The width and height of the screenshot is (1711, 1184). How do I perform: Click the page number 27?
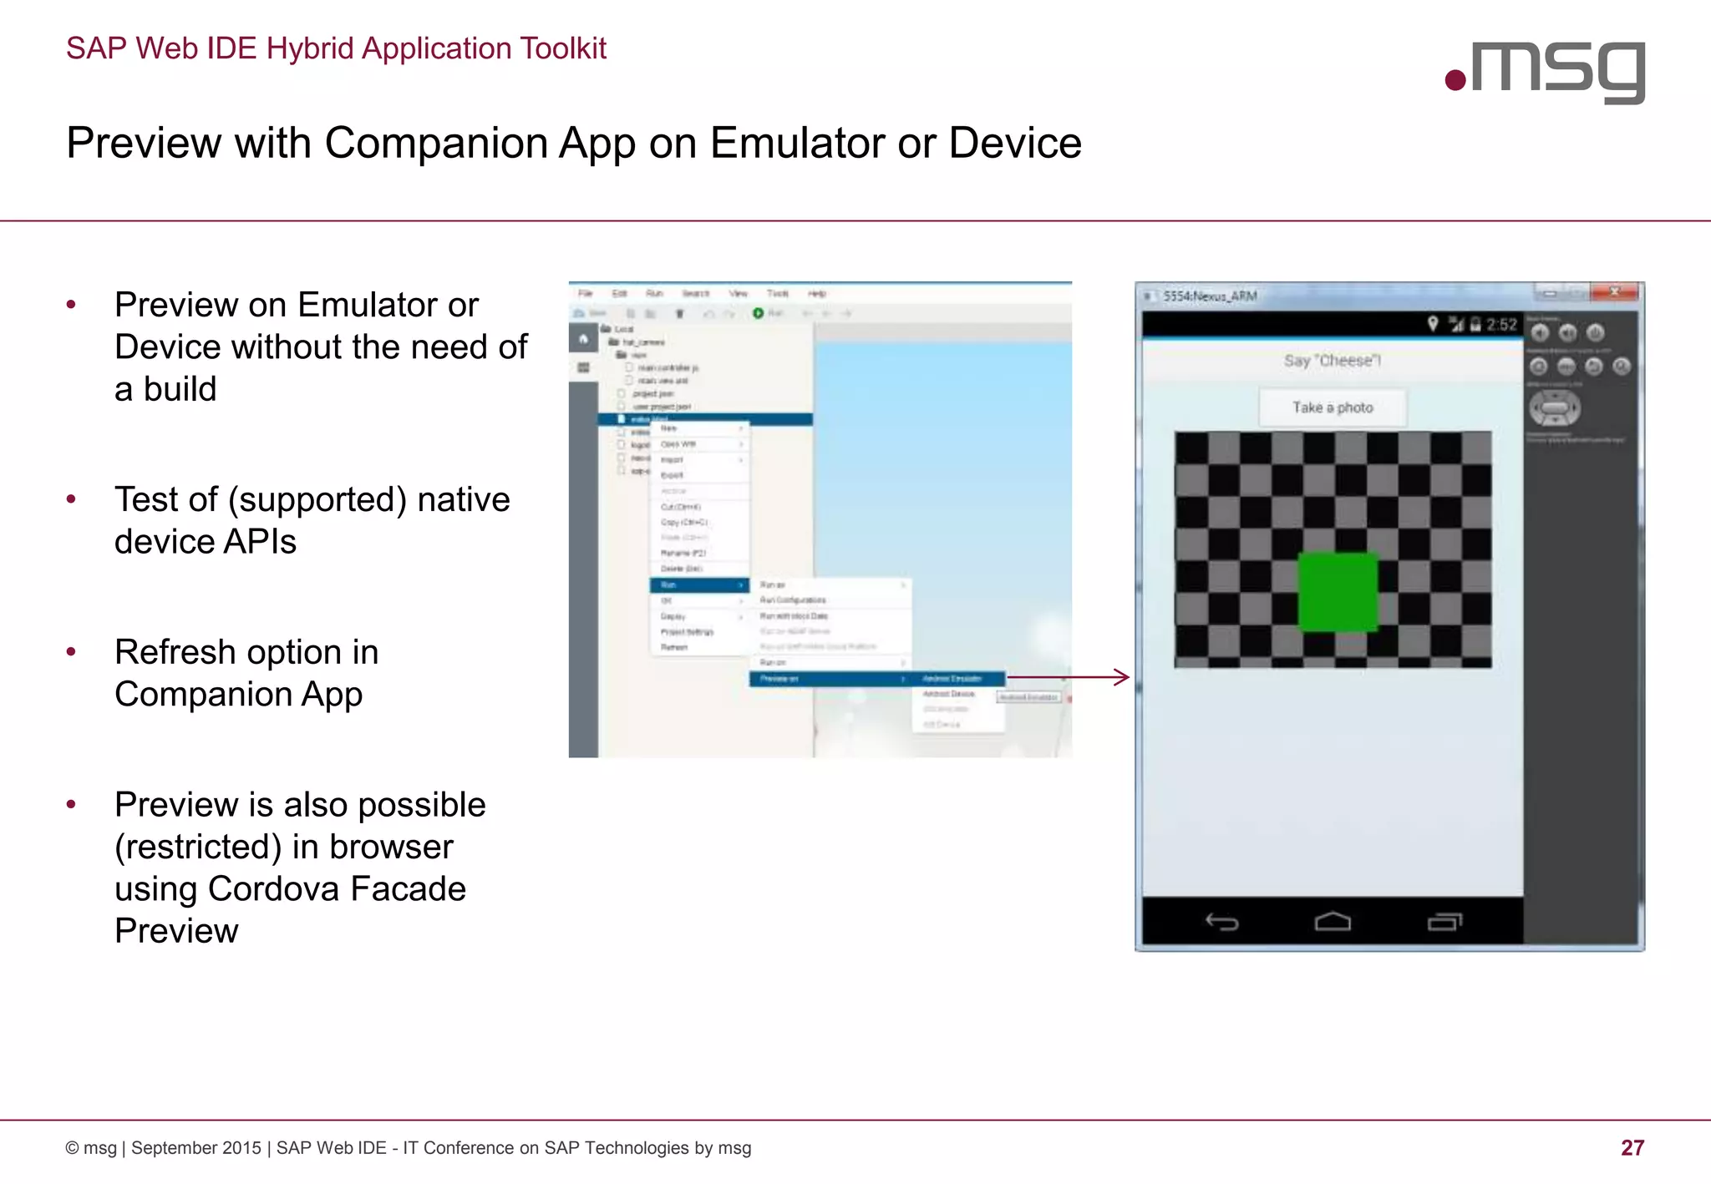(x=1632, y=1147)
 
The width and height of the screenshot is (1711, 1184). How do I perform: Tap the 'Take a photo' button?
(x=1333, y=407)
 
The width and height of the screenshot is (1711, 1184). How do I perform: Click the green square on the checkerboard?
(x=1337, y=591)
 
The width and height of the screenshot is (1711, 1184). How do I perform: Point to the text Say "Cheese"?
(x=1333, y=361)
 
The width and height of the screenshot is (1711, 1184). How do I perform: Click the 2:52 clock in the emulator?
(x=1501, y=325)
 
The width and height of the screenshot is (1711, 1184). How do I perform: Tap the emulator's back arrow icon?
(x=1221, y=922)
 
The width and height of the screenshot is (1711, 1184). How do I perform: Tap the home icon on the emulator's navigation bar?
(x=1333, y=922)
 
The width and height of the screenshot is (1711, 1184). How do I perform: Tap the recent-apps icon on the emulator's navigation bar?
(x=1444, y=922)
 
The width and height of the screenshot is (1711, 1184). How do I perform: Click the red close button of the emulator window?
(x=1616, y=292)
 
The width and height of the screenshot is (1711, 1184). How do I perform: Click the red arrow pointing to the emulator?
(x=1069, y=677)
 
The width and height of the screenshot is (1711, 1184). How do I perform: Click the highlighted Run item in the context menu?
(x=698, y=585)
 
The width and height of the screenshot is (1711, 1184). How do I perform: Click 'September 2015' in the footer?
(x=196, y=1148)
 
